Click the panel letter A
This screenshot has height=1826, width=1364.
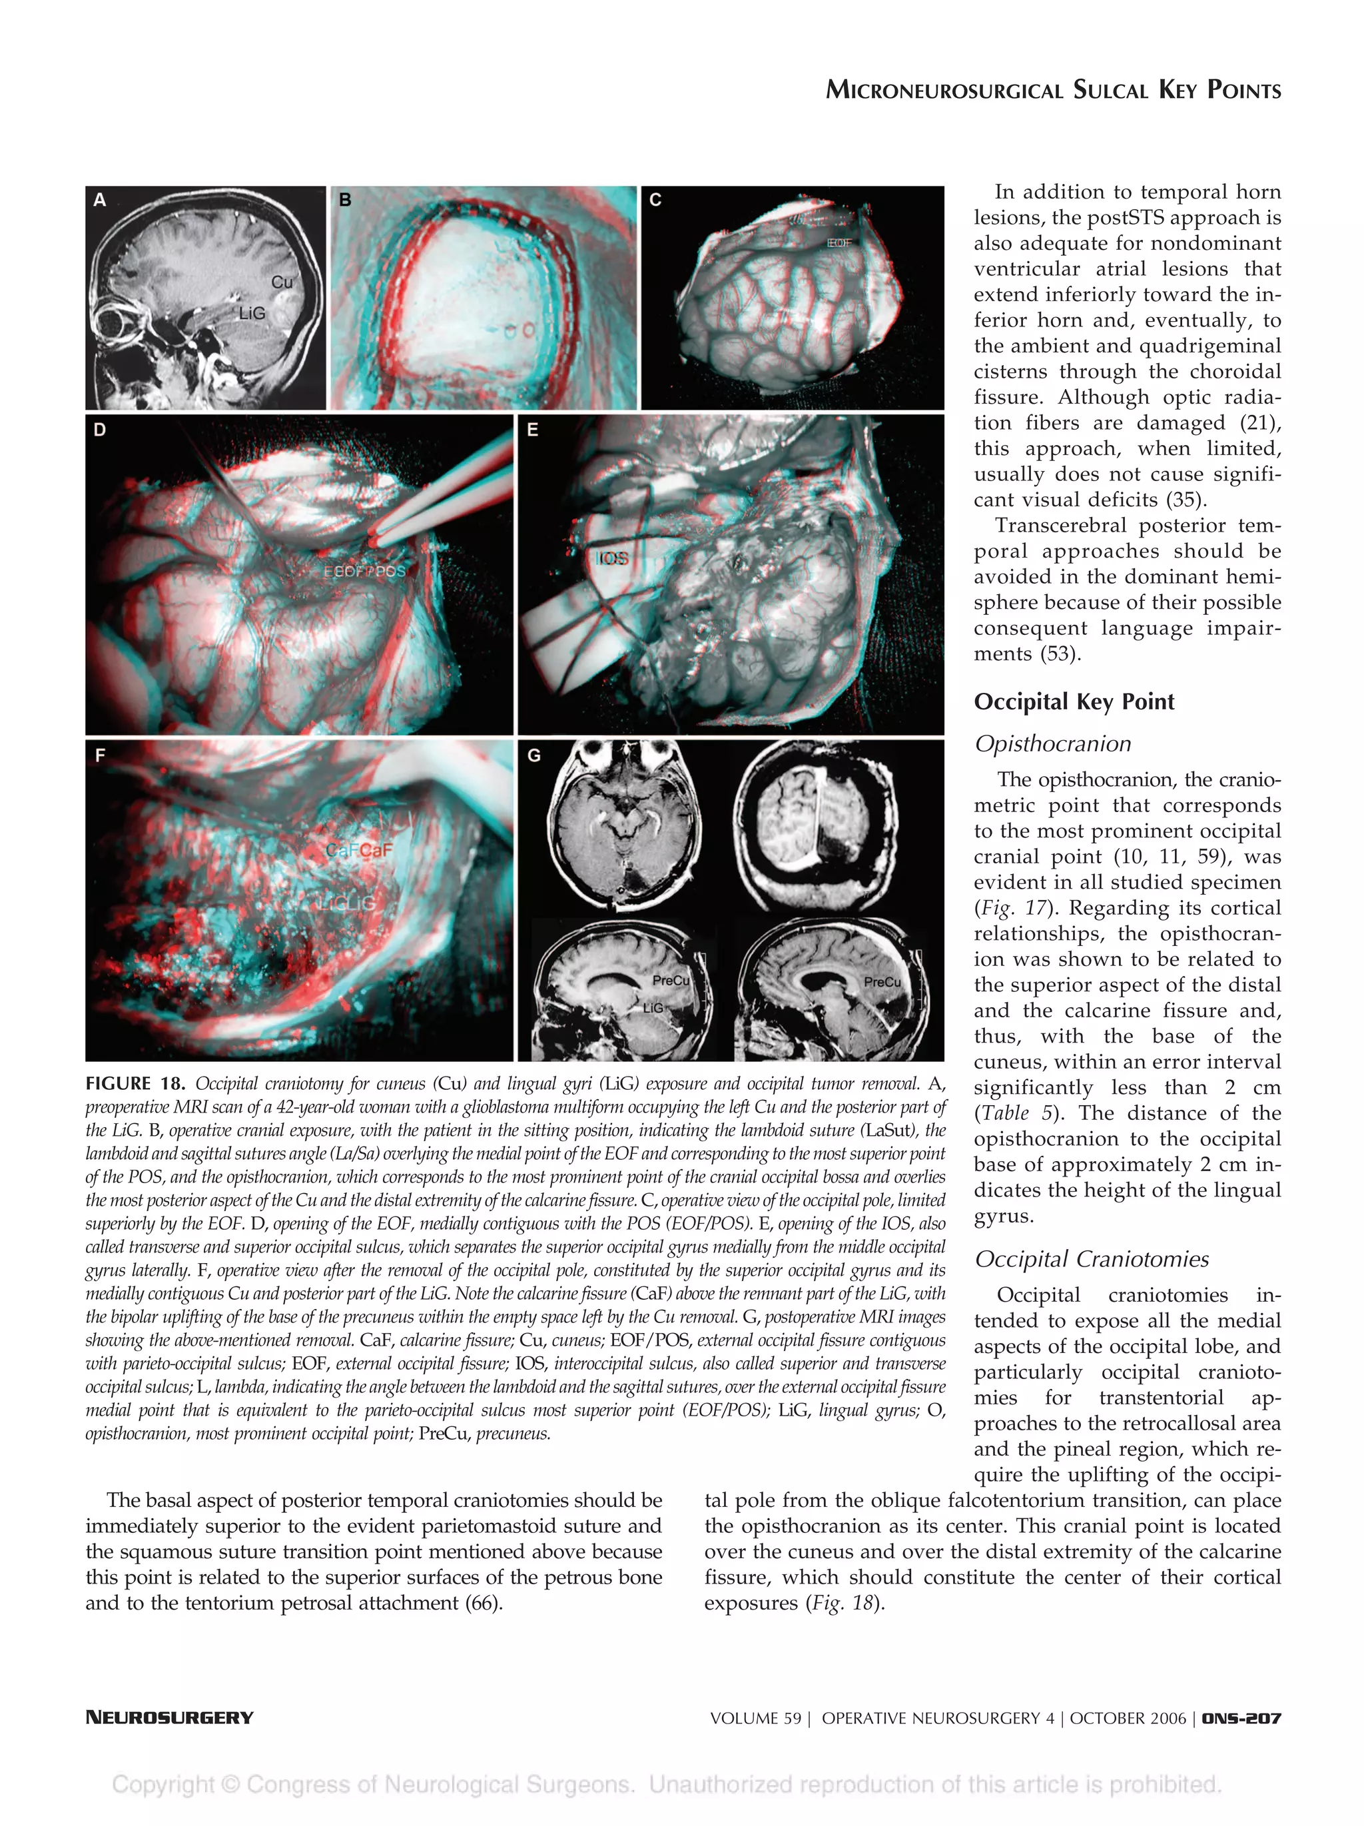click(x=100, y=200)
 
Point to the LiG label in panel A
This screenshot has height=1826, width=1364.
click(x=252, y=314)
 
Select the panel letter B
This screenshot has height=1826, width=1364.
click(x=345, y=200)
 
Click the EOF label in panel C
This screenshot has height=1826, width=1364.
click(x=839, y=242)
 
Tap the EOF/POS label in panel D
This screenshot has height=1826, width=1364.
click(x=365, y=571)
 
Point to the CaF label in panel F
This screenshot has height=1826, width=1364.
click(x=360, y=850)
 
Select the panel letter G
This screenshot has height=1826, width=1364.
click(x=534, y=755)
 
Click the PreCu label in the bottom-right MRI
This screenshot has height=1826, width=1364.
click(x=882, y=981)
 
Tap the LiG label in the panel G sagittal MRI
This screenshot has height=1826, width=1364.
click(x=653, y=1008)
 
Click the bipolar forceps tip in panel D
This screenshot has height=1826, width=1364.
click(x=376, y=538)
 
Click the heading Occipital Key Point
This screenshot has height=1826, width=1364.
click(x=1074, y=701)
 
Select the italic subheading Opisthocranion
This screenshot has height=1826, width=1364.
click(x=1052, y=743)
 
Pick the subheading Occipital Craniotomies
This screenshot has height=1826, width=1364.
click(x=1091, y=1259)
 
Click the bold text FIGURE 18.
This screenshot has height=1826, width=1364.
click(x=135, y=1084)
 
